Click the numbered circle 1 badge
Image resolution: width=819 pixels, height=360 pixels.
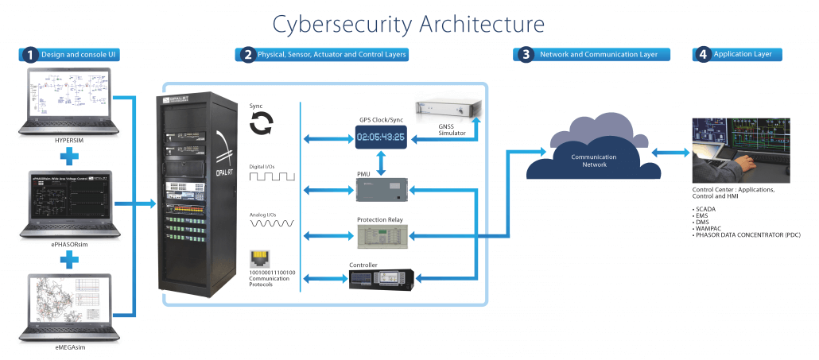pos(29,55)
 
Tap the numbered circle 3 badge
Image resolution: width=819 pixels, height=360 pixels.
pos(526,55)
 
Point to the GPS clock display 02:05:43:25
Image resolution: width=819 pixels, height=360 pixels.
pos(380,137)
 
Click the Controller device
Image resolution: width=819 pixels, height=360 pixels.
pos(380,278)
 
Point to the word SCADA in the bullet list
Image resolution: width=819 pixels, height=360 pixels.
pos(705,208)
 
